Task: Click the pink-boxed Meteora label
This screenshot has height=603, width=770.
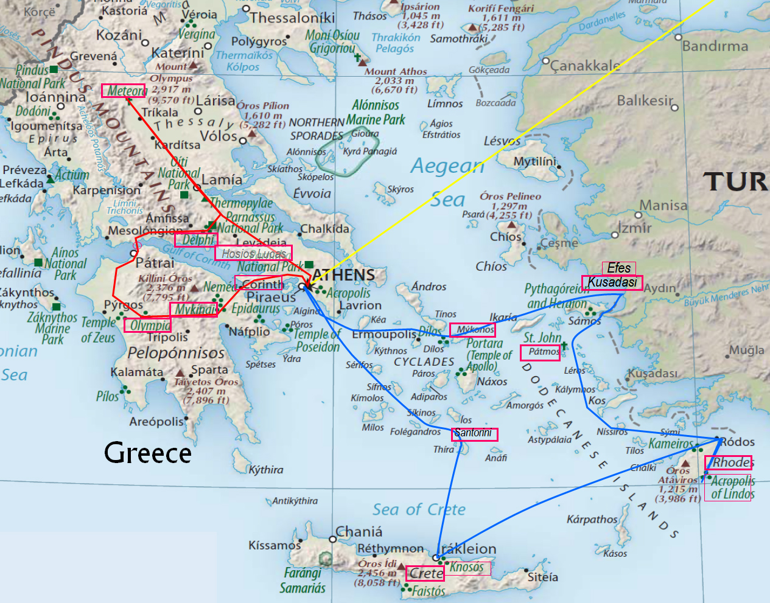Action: click(x=124, y=91)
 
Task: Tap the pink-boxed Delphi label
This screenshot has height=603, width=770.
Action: click(x=196, y=240)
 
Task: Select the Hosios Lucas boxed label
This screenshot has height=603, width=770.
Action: click(x=253, y=253)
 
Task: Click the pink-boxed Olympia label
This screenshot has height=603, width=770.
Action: click(x=148, y=326)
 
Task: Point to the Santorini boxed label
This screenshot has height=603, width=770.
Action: click(x=475, y=434)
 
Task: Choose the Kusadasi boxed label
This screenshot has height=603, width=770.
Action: click(x=612, y=282)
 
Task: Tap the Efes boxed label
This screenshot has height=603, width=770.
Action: click(x=618, y=268)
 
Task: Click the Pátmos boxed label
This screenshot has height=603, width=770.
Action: click(x=541, y=352)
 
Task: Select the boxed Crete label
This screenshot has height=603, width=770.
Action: click(x=425, y=573)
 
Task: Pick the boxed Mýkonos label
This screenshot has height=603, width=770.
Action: click(x=472, y=330)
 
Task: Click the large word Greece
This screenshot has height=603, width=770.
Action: click(x=147, y=453)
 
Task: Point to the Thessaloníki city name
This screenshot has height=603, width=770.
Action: click(x=292, y=18)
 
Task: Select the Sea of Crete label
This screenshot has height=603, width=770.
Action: click(x=419, y=510)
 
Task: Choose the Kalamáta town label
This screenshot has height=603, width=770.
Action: click(x=137, y=372)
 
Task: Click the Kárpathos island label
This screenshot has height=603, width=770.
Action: click(x=592, y=520)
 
